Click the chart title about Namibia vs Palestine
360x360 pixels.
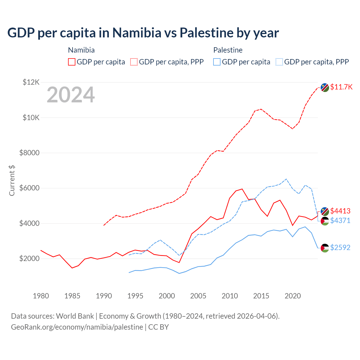pos(143,33)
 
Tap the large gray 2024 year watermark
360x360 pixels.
pos(71,95)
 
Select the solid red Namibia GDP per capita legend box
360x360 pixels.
pos(72,62)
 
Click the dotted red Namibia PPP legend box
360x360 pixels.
pos(134,62)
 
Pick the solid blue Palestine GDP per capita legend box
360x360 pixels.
pos(217,62)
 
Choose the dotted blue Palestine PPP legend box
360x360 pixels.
pos(279,62)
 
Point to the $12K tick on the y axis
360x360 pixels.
pos(31,82)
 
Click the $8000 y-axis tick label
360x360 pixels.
pos(29,153)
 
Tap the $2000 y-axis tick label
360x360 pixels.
pos(29,258)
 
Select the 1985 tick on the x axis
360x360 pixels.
pos(72,296)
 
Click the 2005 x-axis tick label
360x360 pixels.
pos(198,296)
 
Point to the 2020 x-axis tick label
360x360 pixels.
pos(293,296)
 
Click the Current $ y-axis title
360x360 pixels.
pos(12,181)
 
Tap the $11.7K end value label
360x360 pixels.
pos(341,87)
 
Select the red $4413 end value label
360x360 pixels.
pos(340,211)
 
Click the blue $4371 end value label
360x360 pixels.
pos(340,220)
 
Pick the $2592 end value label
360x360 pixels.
pos(340,247)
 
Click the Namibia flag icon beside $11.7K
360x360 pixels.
pos(325,87)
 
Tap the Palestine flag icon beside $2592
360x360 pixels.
pos(325,248)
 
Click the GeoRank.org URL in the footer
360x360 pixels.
pos(77,327)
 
